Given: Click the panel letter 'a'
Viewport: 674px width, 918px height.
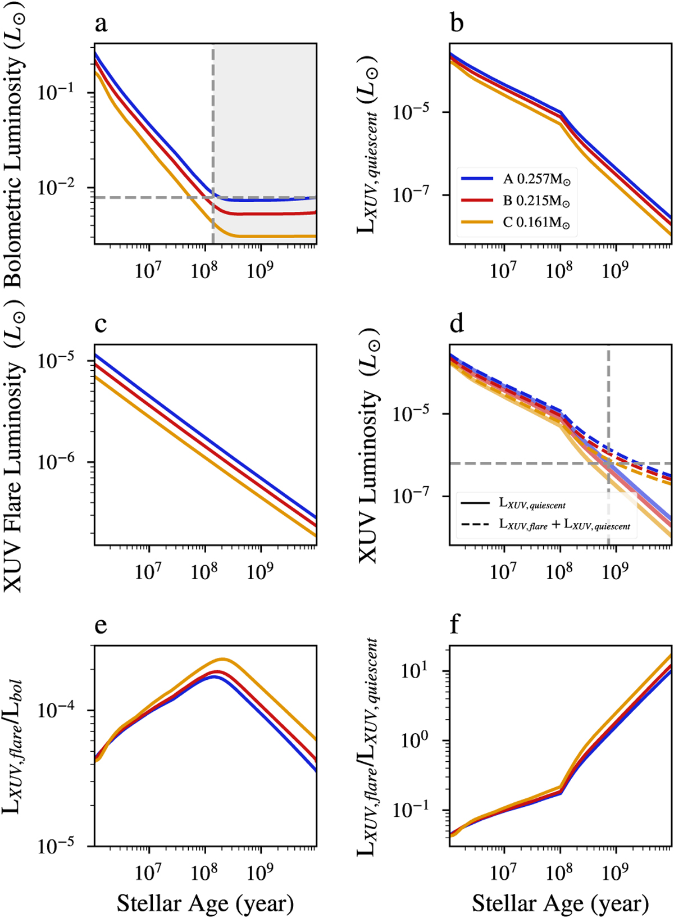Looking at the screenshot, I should (101, 25).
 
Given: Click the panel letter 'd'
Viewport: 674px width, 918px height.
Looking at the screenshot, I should (457, 325).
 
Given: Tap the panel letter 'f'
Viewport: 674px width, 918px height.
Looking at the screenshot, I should (455, 624).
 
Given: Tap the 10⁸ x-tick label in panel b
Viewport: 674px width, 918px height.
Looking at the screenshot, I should (559, 271).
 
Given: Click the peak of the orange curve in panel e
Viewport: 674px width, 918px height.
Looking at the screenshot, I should (223, 658).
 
